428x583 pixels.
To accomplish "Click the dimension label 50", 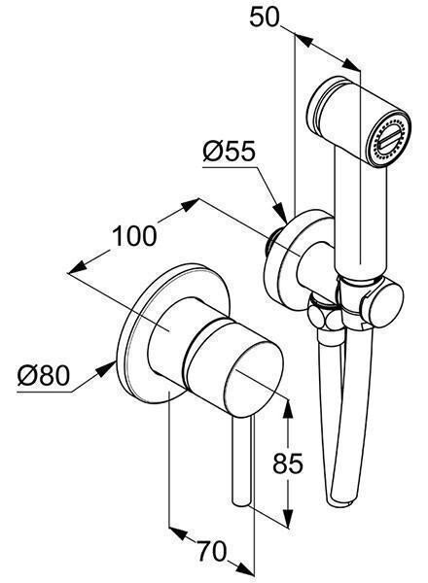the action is [x=264, y=17].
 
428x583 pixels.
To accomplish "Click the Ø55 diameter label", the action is [x=230, y=152].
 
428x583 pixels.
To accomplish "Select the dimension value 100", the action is [x=134, y=236].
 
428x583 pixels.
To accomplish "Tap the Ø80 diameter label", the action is [x=44, y=375].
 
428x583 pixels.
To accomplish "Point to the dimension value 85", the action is [x=288, y=463].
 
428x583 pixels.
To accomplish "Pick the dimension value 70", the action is [x=211, y=551].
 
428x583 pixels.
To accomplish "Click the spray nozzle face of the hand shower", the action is [x=388, y=140].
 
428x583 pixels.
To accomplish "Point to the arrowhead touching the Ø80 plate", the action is [x=106, y=369].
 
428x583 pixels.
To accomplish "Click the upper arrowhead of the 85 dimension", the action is [x=288, y=409].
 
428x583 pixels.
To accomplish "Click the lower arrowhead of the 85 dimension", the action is [x=287, y=517].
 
